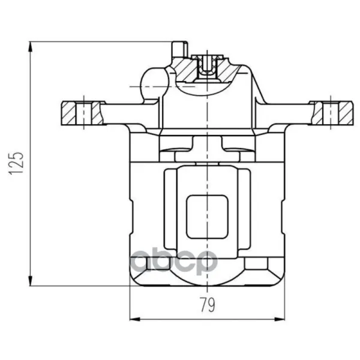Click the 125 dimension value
16,163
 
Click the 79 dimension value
208,305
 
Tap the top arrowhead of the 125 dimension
30,47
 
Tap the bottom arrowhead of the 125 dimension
30,281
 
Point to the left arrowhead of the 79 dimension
135,319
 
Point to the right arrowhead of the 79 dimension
280,319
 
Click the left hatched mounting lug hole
84,113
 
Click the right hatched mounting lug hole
331,113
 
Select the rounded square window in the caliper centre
208,217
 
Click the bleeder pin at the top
180,49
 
